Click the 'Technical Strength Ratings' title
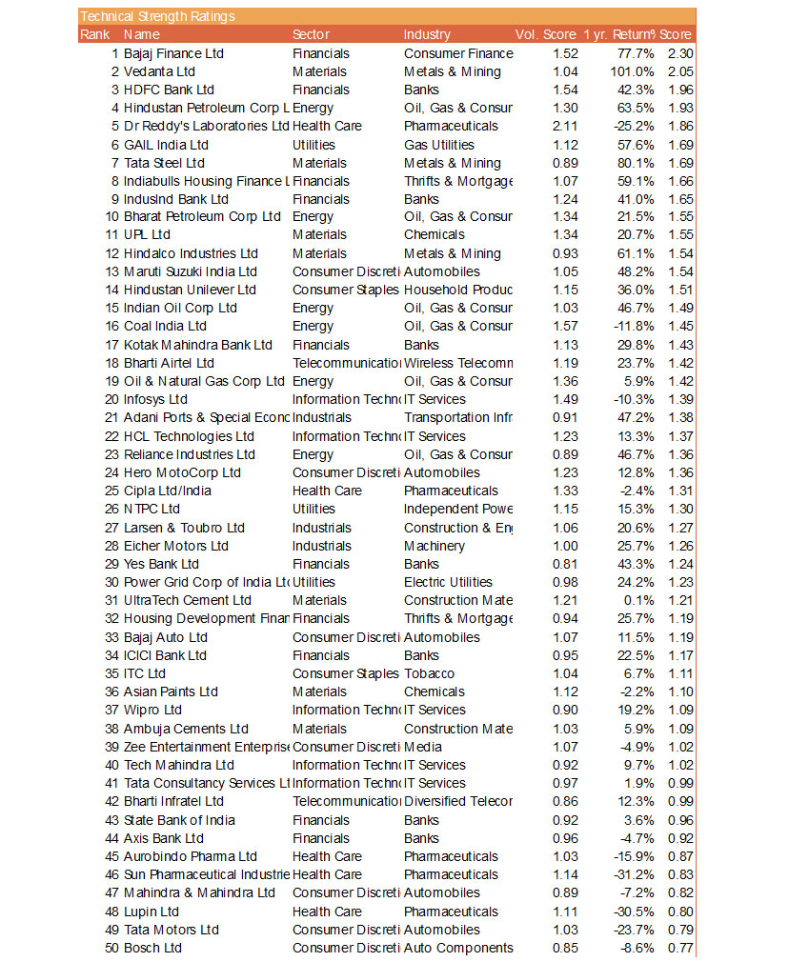coord(157,16)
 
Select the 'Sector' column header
coord(312,34)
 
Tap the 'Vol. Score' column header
coord(545,34)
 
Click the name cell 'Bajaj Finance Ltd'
coord(173,53)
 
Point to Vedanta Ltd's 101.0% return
coord(632,71)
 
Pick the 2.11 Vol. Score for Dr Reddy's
coord(565,126)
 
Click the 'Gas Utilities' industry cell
coord(438,145)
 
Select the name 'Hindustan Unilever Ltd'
coord(190,290)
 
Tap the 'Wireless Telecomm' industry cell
coord(458,363)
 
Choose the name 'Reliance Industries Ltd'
coord(190,454)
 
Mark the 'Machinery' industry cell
coord(434,546)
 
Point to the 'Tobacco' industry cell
coord(429,673)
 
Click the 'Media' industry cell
coord(422,747)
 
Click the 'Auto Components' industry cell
coord(458,948)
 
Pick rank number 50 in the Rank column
coord(111,948)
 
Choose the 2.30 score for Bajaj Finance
coord(680,53)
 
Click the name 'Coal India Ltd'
coord(165,327)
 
